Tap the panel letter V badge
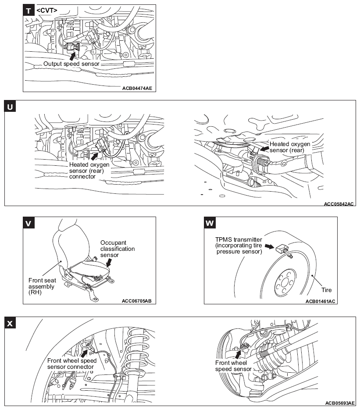tap(29, 224)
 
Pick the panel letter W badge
tap(210, 224)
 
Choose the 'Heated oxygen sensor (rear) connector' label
tap(89, 170)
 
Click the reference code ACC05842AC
tap(339, 203)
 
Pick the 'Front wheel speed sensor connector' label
tap(71, 364)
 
